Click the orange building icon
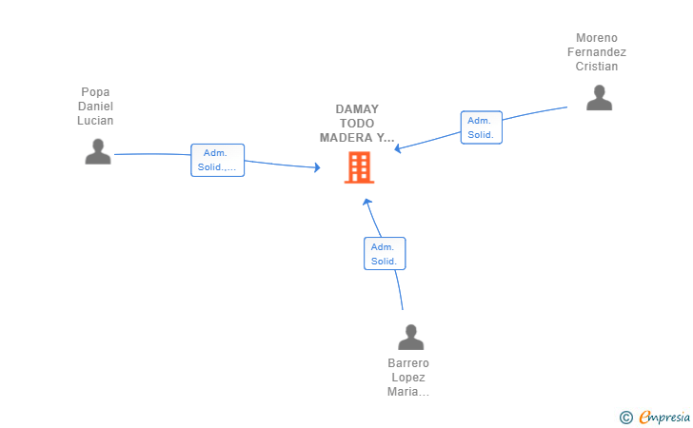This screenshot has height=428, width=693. click(x=359, y=167)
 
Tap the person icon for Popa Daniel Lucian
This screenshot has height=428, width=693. click(x=98, y=151)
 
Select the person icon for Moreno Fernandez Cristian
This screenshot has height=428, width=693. click(x=600, y=97)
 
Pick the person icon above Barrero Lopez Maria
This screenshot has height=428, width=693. click(x=410, y=337)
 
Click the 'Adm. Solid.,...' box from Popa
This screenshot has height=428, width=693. click(x=217, y=160)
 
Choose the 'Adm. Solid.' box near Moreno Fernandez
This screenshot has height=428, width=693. click(x=482, y=127)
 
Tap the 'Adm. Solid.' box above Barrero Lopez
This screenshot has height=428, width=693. click(x=385, y=254)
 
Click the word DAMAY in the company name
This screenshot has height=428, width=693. click(x=357, y=109)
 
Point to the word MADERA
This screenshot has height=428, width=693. click(x=346, y=138)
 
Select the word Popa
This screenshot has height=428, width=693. click(x=95, y=92)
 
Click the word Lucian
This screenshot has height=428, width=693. click(x=95, y=121)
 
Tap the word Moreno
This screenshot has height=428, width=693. click(x=597, y=38)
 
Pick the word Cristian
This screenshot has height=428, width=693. click(x=597, y=67)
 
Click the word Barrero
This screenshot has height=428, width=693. click(x=408, y=363)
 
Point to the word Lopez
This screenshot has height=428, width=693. click(x=408, y=378)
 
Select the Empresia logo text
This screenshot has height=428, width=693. click(x=664, y=417)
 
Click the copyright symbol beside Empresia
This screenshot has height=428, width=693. click(x=625, y=418)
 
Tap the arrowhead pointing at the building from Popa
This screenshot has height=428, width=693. click(x=317, y=167)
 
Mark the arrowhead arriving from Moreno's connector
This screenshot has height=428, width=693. click(x=398, y=148)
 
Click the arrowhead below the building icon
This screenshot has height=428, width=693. click(x=366, y=203)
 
